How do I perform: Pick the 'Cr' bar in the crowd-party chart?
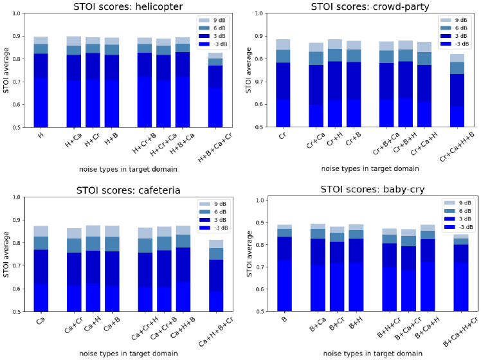[283, 84]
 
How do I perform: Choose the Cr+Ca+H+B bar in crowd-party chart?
[457, 91]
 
